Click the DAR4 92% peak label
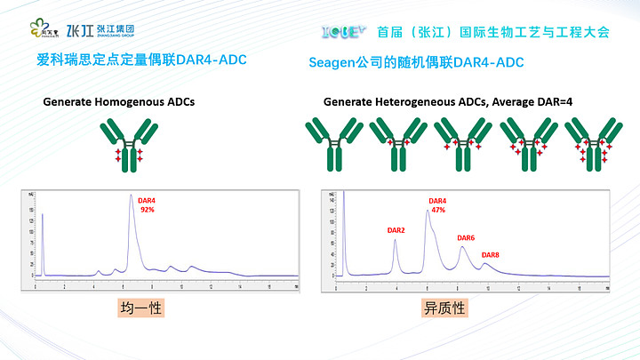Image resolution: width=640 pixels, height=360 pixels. tap(147, 205)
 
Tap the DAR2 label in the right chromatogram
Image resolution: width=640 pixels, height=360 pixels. tap(396, 230)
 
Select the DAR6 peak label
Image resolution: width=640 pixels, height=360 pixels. tap(466, 238)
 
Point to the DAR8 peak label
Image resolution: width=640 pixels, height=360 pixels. tap(491, 255)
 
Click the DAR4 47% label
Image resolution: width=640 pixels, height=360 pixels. tap(438, 205)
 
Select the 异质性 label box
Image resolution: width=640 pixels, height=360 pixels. tap(444, 308)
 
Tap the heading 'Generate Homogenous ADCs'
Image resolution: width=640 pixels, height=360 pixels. tap(119, 102)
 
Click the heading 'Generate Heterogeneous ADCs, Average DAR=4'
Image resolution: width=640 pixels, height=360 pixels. tap(448, 102)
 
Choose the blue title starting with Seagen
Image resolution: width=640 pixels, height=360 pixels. tap(416, 62)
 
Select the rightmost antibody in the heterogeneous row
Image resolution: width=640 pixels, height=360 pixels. tap(590, 143)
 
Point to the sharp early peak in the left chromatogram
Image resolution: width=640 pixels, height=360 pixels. tap(43, 218)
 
